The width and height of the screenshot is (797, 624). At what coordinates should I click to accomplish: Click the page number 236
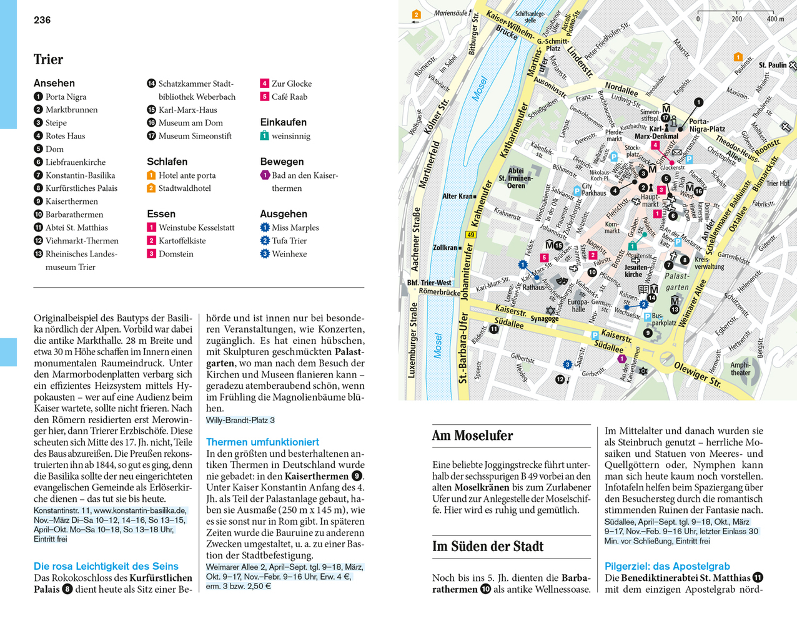(x=42, y=20)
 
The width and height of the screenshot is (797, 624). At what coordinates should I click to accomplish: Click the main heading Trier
(x=48, y=59)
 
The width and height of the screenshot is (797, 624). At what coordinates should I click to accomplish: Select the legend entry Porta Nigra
(x=66, y=97)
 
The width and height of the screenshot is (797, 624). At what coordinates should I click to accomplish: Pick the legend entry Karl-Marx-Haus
(x=187, y=110)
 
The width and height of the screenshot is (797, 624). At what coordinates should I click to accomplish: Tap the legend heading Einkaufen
(x=283, y=122)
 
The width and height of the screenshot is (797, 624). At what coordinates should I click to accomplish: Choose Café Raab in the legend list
(x=289, y=97)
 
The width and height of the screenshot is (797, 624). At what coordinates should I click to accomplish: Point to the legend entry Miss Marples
(x=295, y=228)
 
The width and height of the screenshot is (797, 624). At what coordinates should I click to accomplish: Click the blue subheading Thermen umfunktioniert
(x=262, y=442)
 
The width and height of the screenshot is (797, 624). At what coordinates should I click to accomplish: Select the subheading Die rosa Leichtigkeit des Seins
(x=106, y=566)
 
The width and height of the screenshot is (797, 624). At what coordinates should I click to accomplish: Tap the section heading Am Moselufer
(x=472, y=436)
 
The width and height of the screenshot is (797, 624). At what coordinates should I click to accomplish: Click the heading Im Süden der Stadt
(x=488, y=547)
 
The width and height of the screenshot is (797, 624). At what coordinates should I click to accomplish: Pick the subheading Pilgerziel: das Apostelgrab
(x=667, y=566)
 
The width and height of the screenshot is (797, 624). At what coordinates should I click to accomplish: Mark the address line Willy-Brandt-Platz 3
(x=240, y=420)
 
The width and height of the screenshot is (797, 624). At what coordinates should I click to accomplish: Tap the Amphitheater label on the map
(x=740, y=369)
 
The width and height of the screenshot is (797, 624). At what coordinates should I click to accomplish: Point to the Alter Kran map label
(x=458, y=196)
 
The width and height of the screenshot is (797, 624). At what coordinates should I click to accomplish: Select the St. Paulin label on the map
(x=773, y=65)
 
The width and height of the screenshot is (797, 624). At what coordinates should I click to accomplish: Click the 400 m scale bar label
(x=775, y=19)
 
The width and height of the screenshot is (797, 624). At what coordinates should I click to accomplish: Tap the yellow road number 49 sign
(x=470, y=235)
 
